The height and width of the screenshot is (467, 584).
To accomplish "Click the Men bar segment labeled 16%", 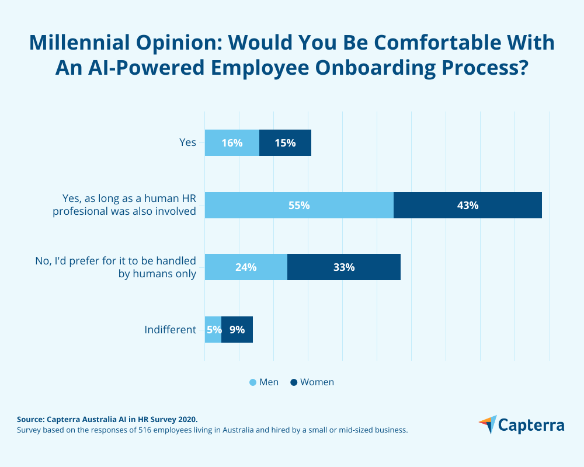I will click(232, 143).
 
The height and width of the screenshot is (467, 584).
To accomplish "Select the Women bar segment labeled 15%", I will click(285, 143).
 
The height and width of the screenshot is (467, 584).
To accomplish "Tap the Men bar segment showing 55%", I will click(299, 205).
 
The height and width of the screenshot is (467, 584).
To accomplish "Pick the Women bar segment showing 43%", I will click(468, 205).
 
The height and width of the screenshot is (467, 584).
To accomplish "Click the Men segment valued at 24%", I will click(246, 267).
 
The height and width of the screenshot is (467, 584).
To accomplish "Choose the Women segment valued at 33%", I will click(344, 267).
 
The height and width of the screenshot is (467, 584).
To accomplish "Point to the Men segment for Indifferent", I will click(213, 330).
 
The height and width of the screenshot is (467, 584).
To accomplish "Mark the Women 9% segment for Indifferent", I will click(237, 330).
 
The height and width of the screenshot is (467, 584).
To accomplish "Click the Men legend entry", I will click(264, 382).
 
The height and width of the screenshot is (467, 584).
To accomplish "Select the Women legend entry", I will click(312, 382).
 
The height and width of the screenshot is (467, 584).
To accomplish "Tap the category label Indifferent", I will click(170, 330).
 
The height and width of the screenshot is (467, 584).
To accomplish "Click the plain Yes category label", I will click(187, 142).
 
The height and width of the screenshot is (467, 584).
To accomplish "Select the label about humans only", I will click(157, 273).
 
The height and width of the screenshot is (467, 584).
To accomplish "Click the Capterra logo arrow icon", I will click(488, 424).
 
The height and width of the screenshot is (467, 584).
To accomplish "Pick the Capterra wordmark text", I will click(532, 426).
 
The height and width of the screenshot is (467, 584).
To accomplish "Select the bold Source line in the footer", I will click(107, 419).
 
